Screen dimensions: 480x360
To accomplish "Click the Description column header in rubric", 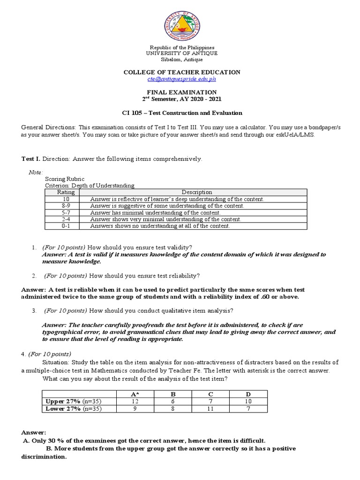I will (197, 192).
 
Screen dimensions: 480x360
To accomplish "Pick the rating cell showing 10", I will (63, 199).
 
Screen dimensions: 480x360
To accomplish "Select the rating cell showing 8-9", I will (63, 206).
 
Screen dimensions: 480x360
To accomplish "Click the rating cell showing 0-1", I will (63, 226).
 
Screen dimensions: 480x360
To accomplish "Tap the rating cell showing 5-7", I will (63, 212).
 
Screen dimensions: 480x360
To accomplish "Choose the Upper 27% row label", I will (73, 402).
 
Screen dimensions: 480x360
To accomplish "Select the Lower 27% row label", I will (73, 409).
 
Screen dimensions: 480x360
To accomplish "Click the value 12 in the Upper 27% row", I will (136, 402).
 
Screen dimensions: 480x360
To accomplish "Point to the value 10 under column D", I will (248, 402).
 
